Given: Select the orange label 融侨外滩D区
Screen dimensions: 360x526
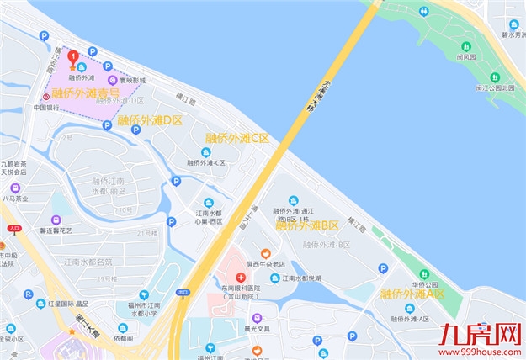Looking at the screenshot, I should pyautogui.click(x=150, y=120).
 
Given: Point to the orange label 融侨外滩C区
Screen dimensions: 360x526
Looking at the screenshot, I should pyautogui.click(x=237, y=138).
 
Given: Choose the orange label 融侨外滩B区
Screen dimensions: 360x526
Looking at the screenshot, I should pyautogui.click(x=307, y=225).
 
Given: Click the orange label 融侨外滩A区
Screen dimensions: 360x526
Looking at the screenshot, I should pyautogui.click(x=412, y=294).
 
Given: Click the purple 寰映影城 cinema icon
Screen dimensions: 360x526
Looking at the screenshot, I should pyautogui.click(x=112, y=80).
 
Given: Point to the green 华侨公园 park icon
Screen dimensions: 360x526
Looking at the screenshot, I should pyautogui.click(x=423, y=274).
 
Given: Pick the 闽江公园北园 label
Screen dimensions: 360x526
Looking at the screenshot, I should pyautogui.click(x=493, y=87).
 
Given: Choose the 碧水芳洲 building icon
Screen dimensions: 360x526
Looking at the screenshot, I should pyautogui.click(x=513, y=24).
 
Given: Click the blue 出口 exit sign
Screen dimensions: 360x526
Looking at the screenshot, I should pyautogui.click(x=183, y=292).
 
